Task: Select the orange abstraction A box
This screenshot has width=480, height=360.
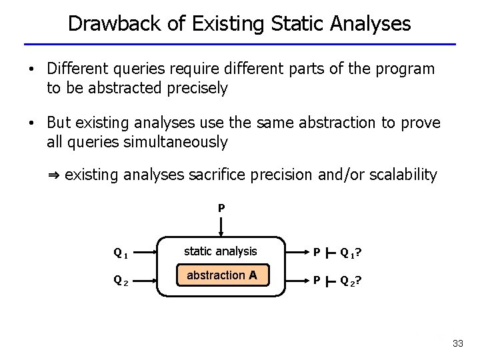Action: [222, 275]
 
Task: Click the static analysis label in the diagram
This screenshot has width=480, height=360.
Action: [220, 251]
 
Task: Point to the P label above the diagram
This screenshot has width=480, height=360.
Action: [221, 208]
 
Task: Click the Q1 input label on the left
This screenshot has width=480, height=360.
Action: [121, 253]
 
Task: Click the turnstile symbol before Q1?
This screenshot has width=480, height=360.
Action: [330, 253]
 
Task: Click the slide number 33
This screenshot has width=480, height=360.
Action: [457, 343]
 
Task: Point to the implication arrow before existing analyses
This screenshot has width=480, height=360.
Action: [54, 175]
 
